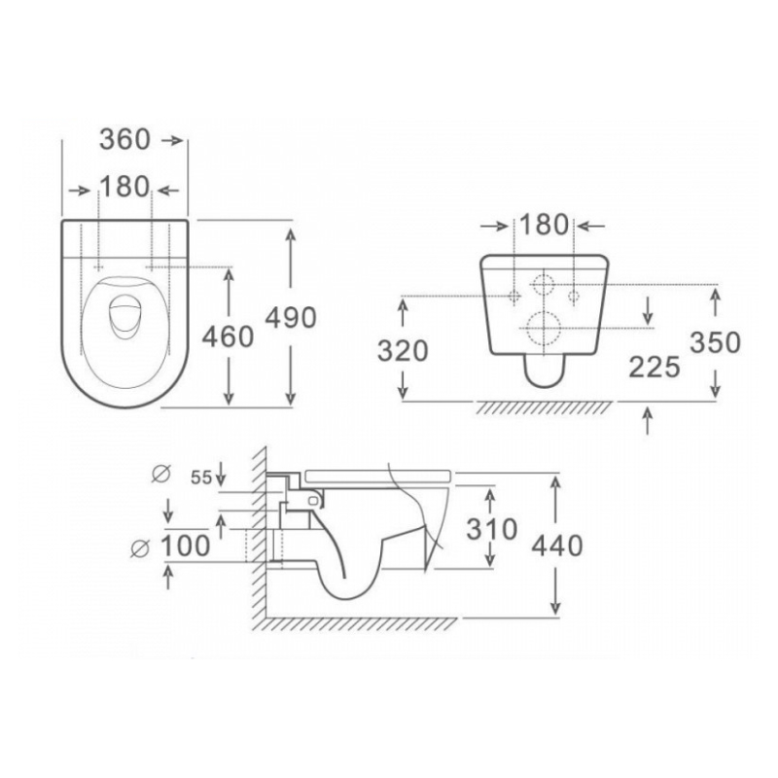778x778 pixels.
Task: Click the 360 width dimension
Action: (124, 139)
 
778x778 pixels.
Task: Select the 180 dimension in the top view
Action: (124, 187)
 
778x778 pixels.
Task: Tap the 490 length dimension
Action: (291, 318)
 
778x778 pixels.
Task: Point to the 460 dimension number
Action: (228, 336)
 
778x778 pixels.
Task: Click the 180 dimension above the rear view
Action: (544, 225)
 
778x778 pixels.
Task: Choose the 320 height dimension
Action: (403, 351)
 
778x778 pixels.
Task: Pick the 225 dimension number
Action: (654, 368)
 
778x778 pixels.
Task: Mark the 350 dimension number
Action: (716, 342)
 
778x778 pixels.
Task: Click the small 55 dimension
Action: (201, 477)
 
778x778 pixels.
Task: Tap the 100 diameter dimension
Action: (186, 547)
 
